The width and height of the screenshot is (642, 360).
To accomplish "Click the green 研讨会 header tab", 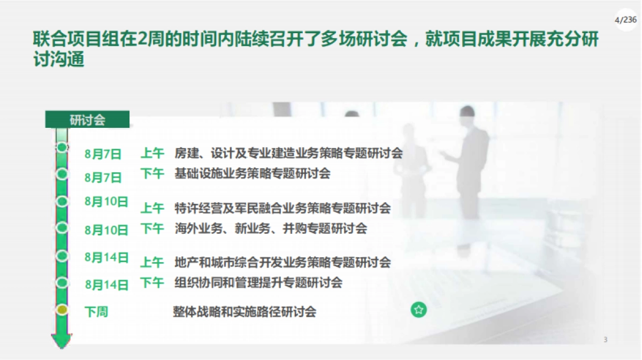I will click(x=87, y=120).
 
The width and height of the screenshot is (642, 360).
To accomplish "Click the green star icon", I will click(x=419, y=310).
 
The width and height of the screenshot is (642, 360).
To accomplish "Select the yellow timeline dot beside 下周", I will click(x=63, y=310).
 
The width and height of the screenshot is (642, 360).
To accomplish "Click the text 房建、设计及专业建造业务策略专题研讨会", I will click(x=288, y=154).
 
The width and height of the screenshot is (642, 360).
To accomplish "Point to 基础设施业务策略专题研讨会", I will click(x=253, y=173).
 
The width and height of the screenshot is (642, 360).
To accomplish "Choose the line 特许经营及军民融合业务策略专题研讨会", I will click(x=282, y=208).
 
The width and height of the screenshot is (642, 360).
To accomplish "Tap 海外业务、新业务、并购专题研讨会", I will click(x=271, y=228).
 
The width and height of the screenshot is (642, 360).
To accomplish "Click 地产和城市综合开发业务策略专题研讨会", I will click(x=282, y=262).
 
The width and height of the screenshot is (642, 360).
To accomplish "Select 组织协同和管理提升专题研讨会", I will click(x=258, y=282).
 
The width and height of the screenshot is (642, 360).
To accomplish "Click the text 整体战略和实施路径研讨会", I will click(x=244, y=311).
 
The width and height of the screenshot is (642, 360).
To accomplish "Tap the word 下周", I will click(x=96, y=312).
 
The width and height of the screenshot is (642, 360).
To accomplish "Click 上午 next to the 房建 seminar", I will click(x=152, y=154).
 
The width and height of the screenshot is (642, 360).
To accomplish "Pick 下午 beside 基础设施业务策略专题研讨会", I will click(x=152, y=173).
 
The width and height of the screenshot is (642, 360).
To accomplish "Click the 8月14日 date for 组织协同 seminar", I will click(x=106, y=284).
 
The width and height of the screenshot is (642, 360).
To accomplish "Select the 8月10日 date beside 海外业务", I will click(x=106, y=230).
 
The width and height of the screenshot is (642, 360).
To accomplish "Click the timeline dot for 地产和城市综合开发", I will click(x=63, y=255).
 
